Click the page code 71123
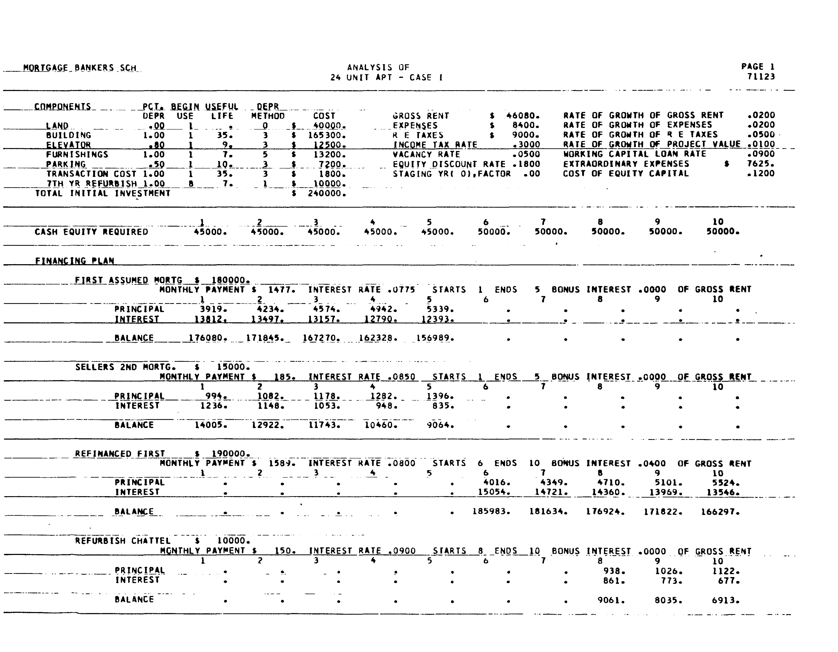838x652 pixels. (761, 77)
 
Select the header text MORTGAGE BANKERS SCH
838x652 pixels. (80, 68)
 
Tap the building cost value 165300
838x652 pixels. (327, 135)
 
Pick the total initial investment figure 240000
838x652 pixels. (327, 194)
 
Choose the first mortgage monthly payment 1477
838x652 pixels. (282, 290)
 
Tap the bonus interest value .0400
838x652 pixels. (652, 463)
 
